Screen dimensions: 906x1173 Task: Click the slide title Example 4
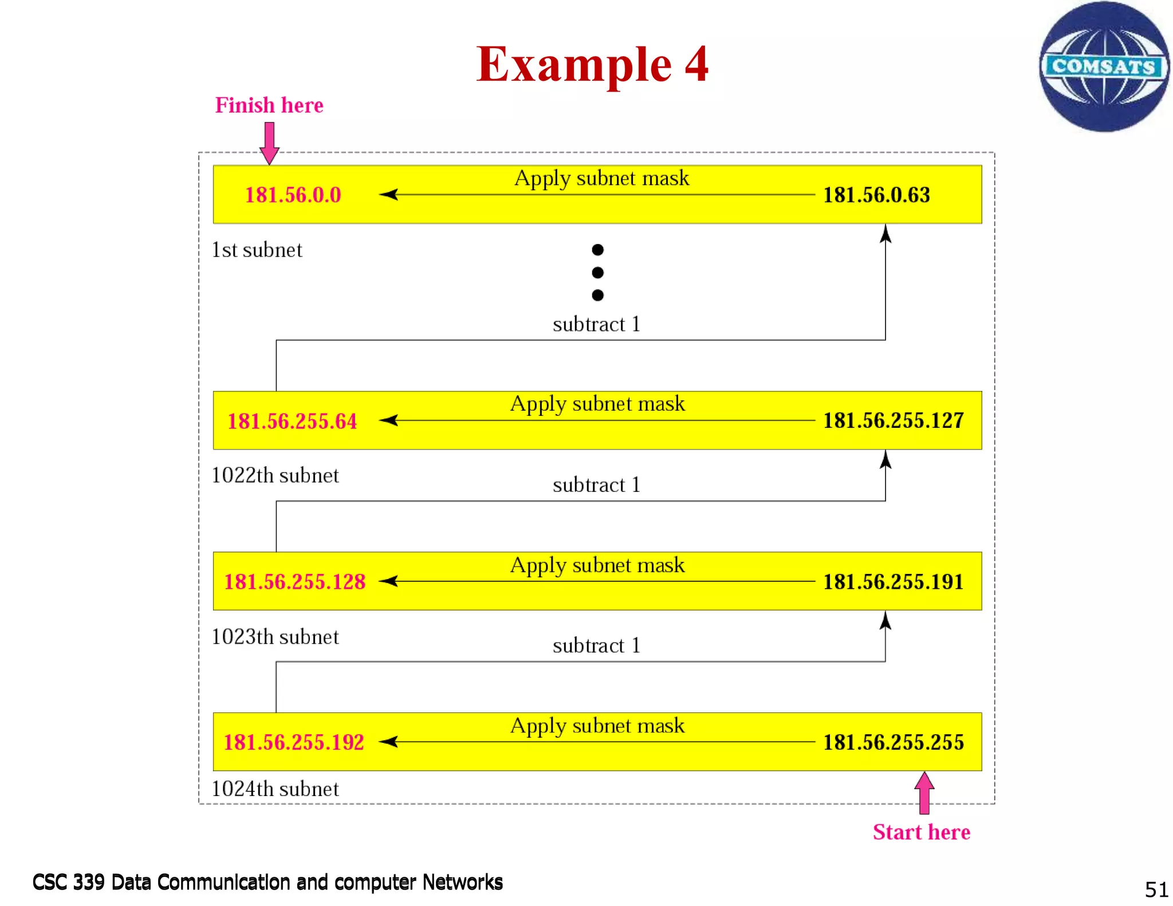pos(592,65)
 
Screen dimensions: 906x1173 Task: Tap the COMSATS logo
pos(1104,66)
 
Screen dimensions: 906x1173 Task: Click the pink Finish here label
pos(269,105)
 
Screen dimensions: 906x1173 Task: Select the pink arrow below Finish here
pos(269,143)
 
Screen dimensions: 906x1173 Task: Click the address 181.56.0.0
pos(293,195)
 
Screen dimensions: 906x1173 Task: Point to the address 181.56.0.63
pos(876,195)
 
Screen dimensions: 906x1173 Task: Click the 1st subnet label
pos(257,250)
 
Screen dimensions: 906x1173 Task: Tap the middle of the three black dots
pos(597,273)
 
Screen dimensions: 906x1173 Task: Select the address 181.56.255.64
pos(292,422)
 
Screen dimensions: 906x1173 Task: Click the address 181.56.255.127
pos(893,421)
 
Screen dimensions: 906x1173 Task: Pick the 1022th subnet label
pos(275,475)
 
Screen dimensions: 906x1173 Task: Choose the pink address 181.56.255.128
pos(294,582)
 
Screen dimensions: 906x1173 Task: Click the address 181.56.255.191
pos(893,582)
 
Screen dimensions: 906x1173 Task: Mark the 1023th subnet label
pos(275,637)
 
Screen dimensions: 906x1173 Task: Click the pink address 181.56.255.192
pos(294,743)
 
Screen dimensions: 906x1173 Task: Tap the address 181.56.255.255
pos(893,743)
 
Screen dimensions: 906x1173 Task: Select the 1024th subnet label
pos(275,789)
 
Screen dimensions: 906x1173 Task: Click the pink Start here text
pos(921,832)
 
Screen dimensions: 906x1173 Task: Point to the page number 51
pos(1156,889)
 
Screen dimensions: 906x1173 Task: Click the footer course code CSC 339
pos(69,883)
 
